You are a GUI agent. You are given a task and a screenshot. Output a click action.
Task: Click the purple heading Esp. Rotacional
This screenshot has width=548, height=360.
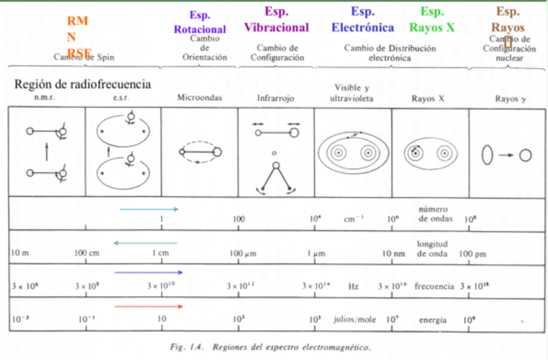[199, 22]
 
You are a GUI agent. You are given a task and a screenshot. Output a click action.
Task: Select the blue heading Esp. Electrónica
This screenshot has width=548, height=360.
[363, 20]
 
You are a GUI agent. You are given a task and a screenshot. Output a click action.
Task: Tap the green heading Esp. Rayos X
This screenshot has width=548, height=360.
[436, 20]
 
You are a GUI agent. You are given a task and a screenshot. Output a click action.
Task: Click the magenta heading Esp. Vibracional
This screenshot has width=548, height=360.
[276, 20]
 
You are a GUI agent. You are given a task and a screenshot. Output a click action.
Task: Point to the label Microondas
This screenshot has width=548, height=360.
[200, 98]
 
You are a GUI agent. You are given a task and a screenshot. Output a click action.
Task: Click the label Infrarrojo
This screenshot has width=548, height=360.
[276, 99]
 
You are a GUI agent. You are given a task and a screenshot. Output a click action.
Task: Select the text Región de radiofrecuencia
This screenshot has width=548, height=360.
[82, 85]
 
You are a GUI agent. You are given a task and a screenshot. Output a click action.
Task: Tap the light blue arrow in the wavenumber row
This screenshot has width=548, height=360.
[149, 209]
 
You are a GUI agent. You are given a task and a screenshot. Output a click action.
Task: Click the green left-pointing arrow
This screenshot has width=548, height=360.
[145, 243]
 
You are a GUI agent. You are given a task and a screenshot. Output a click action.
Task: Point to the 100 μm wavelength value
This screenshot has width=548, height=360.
[244, 253]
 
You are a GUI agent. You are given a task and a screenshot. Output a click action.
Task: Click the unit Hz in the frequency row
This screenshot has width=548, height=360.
[353, 285]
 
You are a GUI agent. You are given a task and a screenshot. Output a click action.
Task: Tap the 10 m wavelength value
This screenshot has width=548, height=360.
[20, 253]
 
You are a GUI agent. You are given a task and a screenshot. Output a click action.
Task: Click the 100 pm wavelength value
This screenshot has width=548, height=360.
[473, 253]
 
